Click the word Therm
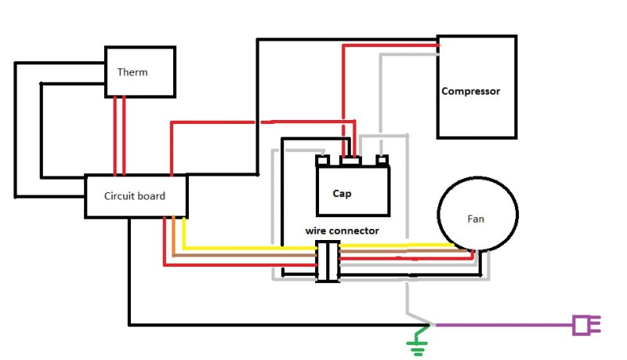click(x=132, y=72)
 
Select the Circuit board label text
click(x=135, y=196)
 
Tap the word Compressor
click(x=470, y=91)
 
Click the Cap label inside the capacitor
click(x=342, y=193)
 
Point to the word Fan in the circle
click(x=476, y=219)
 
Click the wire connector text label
click(x=342, y=231)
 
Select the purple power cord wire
click(x=502, y=325)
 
